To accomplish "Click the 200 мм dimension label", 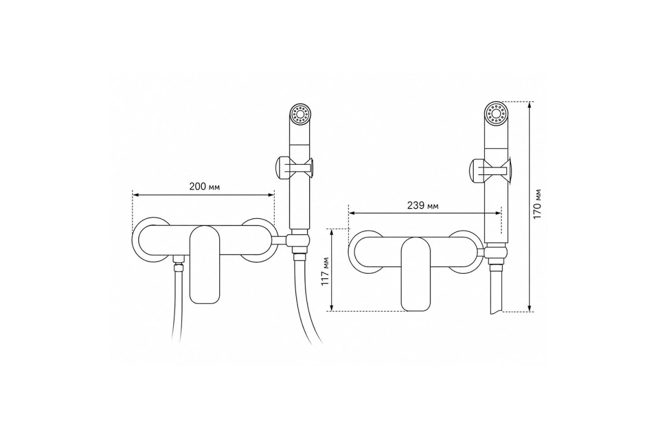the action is pyautogui.click(x=204, y=187).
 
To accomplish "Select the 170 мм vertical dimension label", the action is pyautogui.click(x=537, y=204).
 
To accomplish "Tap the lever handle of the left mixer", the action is pyautogui.click(x=205, y=264).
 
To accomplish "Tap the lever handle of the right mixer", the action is pyautogui.click(x=416, y=274).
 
